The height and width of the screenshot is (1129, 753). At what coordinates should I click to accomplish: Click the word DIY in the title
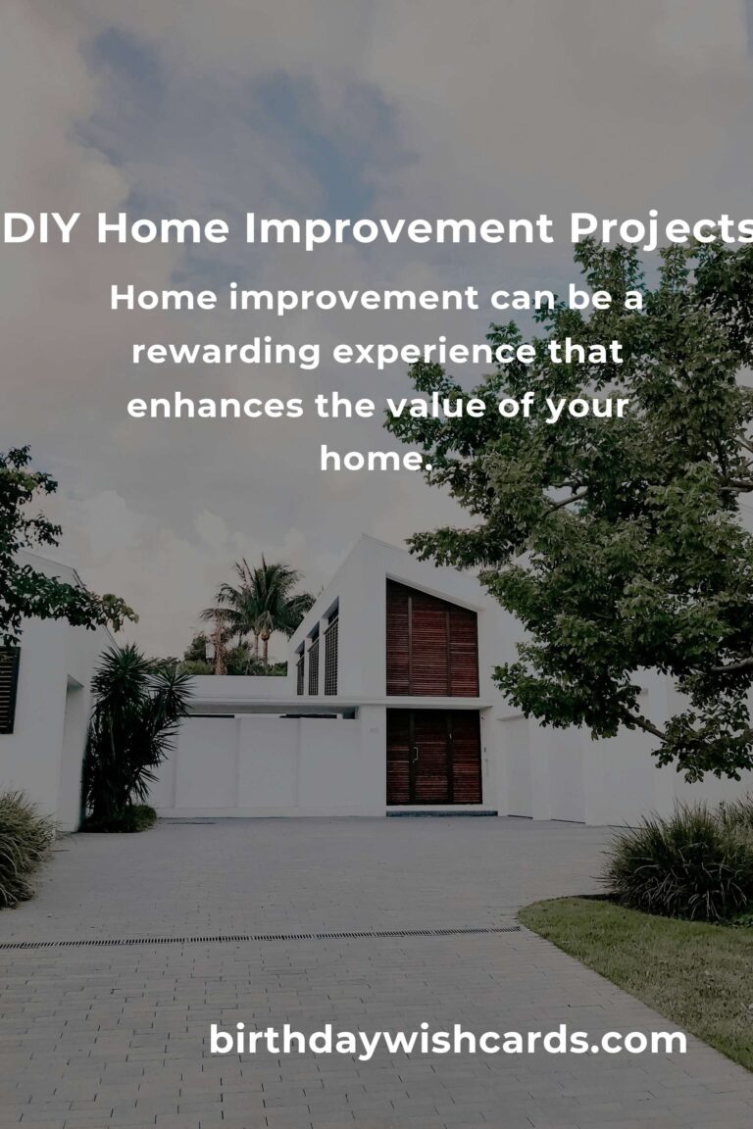click(41, 228)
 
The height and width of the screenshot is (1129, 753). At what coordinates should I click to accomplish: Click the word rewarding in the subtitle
click(226, 353)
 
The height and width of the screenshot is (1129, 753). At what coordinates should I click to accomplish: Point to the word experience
click(433, 353)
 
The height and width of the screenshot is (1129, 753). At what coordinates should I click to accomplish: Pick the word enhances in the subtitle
click(215, 406)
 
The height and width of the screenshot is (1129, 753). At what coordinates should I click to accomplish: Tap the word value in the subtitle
click(436, 406)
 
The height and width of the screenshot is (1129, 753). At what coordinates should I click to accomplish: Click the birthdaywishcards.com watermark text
click(447, 1041)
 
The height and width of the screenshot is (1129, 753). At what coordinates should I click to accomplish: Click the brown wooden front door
click(433, 757)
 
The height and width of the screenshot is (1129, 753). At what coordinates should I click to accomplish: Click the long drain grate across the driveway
click(260, 938)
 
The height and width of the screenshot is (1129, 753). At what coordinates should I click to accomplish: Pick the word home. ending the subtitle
click(376, 458)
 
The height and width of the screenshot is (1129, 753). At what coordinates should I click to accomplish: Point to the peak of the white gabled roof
click(365, 536)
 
